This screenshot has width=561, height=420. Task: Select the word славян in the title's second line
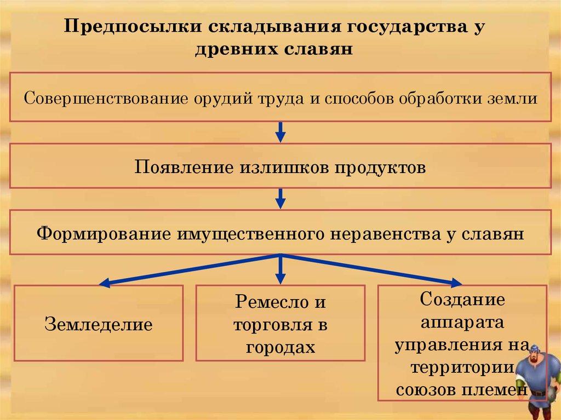point(319,50)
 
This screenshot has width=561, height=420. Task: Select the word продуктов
point(380,167)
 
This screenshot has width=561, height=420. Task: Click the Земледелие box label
point(99,325)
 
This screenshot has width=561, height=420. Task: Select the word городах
point(280,347)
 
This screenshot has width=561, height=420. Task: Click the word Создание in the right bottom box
point(462,300)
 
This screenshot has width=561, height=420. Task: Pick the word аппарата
point(462,323)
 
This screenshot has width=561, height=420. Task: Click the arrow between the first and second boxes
point(280,131)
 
